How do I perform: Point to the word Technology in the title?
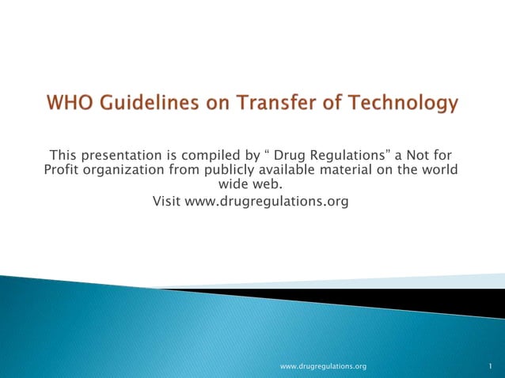(403, 104)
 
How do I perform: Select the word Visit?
(166, 202)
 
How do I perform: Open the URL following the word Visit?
(267, 202)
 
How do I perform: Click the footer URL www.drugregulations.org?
(324, 367)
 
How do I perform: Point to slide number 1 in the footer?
(491, 367)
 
